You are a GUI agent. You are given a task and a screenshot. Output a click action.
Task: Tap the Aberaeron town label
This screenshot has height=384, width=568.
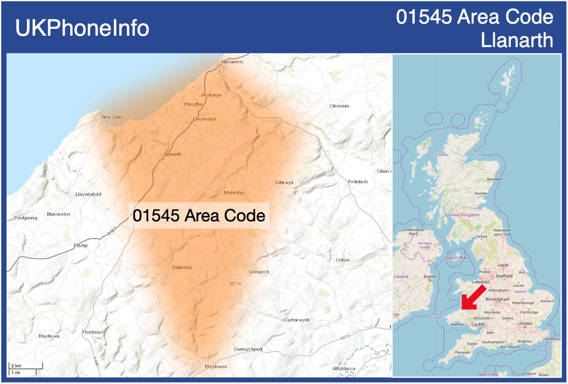[x=232, y=62]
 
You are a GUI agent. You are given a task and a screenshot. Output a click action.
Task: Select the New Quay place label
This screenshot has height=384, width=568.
[x=112, y=117]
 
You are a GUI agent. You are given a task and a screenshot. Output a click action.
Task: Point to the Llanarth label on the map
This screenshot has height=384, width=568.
[x=173, y=154]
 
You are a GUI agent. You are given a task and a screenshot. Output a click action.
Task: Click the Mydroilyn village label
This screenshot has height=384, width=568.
[x=234, y=193]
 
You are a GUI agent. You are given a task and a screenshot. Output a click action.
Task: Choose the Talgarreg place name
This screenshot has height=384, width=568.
[x=182, y=267]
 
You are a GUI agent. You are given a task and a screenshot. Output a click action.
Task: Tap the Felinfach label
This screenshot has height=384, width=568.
[x=358, y=182]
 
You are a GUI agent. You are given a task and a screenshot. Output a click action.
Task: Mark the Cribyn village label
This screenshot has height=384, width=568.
[x=343, y=260]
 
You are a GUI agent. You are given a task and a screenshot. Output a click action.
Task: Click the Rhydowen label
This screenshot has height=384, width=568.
[x=216, y=367]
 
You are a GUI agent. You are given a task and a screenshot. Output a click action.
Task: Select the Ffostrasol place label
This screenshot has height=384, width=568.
[x=92, y=331]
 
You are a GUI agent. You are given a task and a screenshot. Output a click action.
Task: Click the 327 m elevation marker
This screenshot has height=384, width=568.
[x=235, y=283]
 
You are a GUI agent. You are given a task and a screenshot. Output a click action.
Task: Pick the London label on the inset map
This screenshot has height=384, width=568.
[x=525, y=323]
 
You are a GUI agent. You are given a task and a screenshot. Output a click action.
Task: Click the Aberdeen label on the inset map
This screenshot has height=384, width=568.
[x=494, y=179]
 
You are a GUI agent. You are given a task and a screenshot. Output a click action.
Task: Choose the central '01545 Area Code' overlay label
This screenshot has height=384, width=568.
[x=199, y=216]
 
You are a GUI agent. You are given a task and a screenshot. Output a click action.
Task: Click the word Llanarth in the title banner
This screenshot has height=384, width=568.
[x=517, y=39]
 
